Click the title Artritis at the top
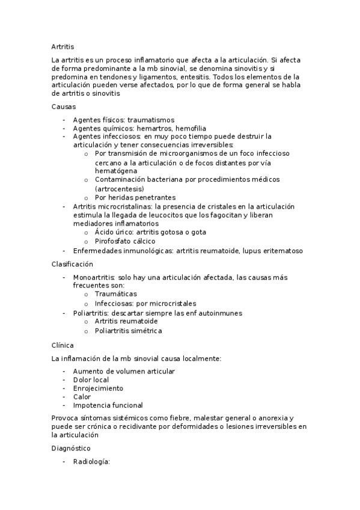pyautogui.click(x=63, y=46)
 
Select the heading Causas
pyautogui.click(x=64, y=106)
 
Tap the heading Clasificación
pyautogui.click(x=72, y=264)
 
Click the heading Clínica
pyautogui.click(x=63, y=345)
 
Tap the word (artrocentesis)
pyautogui.click(x=119, y=188)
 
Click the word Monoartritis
pyautogui.click(x=94, y=277)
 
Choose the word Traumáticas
pyautogui.click(x=116, y=294)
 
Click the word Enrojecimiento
pyautogui.click(x=98, y=388)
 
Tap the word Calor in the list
pyautogui.click(x=82, y=396)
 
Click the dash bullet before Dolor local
pyautogui.click(x=64, y=379)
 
